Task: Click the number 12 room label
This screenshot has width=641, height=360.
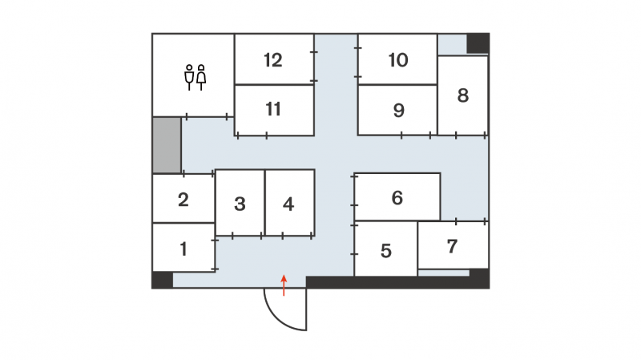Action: click(x=273, y=60)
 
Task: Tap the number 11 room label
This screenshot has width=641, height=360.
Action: click(x=273, y=109)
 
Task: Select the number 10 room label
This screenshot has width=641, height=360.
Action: click(x=398, y=60)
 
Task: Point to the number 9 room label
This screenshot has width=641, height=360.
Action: click(x=398, y=110)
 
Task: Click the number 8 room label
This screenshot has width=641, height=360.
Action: click(x=463, y=95)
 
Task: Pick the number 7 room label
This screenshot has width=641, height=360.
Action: click(x=452, y=246)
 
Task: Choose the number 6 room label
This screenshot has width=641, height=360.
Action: click(x=397, y=198)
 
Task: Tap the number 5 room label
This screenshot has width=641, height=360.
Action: click(x=386, y=251)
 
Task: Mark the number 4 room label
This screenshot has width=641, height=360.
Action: click(x=288, y=204)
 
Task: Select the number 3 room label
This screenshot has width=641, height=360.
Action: click(x=240, y=204)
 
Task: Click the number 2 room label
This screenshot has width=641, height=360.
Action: click(x=183, y=200)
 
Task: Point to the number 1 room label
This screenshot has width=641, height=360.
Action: click(x=183, y=249)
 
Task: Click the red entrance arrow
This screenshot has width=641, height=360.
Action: click(x=284, y=285)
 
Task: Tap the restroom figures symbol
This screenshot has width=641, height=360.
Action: click(x=195, y=77)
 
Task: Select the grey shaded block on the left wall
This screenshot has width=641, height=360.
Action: click(x=167, y=145)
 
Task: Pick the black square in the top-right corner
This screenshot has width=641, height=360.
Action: click(x=478, y=43)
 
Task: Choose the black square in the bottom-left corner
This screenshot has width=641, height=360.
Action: click(x=163, y=281)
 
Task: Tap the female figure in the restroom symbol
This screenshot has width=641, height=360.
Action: click(x=201, y=77)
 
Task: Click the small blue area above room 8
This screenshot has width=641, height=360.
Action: click(x=452, y=45)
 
